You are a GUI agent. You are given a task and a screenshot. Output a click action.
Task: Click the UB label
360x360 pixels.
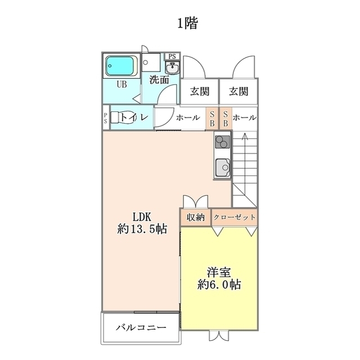click(x=121, y=84)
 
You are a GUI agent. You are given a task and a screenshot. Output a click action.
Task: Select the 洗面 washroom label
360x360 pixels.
click(x=159, y=79)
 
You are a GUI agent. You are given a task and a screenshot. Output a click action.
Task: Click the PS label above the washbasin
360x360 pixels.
click(x=172, y=56)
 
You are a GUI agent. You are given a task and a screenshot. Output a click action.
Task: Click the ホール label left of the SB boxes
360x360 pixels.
click(x=188, y=118)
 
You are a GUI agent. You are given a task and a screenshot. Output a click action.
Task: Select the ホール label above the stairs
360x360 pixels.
click(x=245, y=118)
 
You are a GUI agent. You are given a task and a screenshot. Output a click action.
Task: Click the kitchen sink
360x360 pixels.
click(x=222, y=168)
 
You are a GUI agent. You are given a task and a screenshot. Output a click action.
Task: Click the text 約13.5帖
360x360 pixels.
click(x=142, y=229)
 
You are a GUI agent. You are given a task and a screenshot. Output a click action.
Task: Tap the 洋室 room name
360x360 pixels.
click(x=218, y=272)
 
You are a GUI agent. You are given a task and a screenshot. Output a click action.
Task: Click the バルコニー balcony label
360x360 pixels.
click(x=141, y=327)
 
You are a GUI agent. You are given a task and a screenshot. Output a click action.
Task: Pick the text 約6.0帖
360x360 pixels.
click(x=219, y=285)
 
